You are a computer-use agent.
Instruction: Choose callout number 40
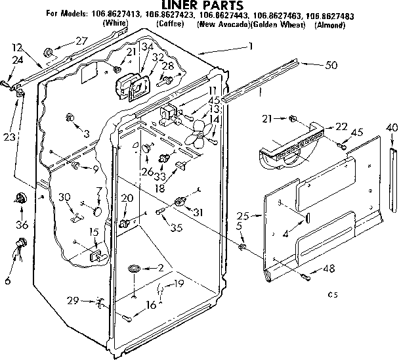click(x=392, y=127)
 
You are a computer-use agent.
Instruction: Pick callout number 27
click(x=81, y=41)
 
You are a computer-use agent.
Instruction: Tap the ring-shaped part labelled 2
click(x=133, y=269)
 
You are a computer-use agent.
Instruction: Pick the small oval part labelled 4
click(x=306, y=217)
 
